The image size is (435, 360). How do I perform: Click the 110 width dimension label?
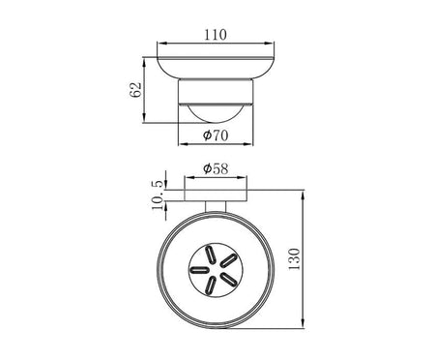coord(216,35)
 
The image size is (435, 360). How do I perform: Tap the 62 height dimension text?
coord(135,90)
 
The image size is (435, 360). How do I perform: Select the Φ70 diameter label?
coord(216,135)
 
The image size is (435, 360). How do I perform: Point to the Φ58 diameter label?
coord(216,168)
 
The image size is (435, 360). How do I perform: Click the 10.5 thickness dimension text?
coord(158,195)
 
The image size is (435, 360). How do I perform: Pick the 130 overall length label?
coord(294,259)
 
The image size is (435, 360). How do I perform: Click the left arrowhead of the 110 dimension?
coord(161,43)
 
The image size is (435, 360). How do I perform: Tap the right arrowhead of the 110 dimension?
coord(270,43)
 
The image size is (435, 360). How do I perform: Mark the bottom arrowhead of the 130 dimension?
coord(303,323)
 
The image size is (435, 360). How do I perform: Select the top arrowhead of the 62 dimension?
coord(144,62)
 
